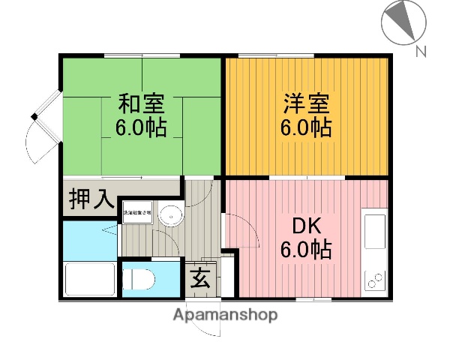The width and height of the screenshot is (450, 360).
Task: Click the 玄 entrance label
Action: click(200, 277)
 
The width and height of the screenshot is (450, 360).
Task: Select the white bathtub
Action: click(89, 279)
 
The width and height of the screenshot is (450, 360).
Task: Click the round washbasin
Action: click(172, 214)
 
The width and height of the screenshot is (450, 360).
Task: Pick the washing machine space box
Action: click(138, 213)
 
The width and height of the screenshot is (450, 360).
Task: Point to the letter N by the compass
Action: click(421, 52)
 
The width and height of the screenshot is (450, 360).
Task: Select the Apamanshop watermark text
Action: click(225, 315)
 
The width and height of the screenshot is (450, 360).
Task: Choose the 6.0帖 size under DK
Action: click(306, 247)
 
